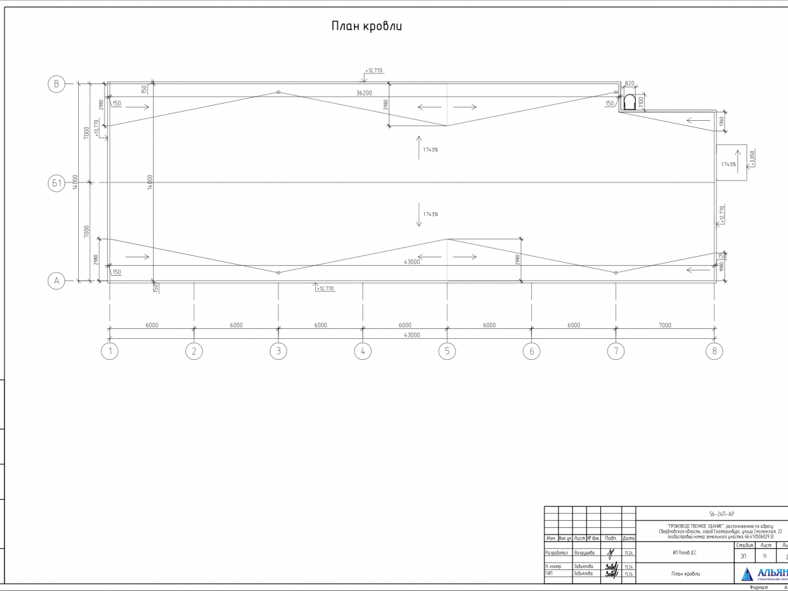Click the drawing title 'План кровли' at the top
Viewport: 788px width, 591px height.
pyautogui.click(x=366, y=26)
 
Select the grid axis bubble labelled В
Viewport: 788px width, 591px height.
pyautogui.click(x=56, y=83)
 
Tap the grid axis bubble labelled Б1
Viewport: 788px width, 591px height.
pyautogui.click(x=56, y=183)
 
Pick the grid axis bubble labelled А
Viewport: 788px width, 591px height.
pyautogui.click(x=56, y=281)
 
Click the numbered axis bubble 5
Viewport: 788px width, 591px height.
pyautogui.click(x=447, y=351)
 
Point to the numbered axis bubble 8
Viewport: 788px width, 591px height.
pyautogui.click(x=714, y=351)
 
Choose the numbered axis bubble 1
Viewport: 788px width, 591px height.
pyautogui.click(x=110, y=351)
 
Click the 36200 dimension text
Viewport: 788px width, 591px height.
pyautogui.click(x=364, y=93)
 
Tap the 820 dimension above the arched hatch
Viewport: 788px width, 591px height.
pyautogui.click(x=630, y=84)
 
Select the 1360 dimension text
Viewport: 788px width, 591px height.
pyautogui.click(x=722, y=121)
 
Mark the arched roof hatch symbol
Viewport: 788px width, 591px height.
pyautogui.click(x=629, y=102)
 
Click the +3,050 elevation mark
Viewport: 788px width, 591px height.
pyautogui.click(x=753, y=158)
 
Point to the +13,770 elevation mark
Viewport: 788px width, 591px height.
pyautogui.click(x=97, y=127)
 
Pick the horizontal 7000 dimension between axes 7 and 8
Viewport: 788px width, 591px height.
pyautogui.click(x=665, y=325)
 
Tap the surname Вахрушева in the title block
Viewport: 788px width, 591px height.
pyautogui.click(x=584, y=553)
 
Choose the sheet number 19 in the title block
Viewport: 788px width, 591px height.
pyautogui.click(x=764, y=556)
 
